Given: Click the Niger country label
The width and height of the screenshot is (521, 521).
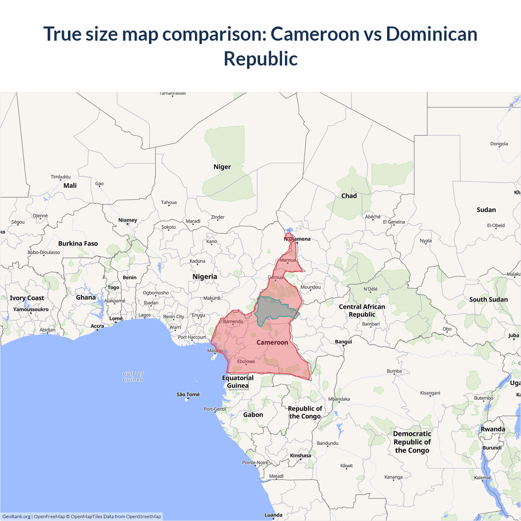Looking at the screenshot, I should click(222, 167).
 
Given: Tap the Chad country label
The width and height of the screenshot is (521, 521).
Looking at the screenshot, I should click(349, 196).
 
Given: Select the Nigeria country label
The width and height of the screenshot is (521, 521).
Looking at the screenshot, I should click(205, 277).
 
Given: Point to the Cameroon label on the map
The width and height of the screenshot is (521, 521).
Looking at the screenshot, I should click(272, 342).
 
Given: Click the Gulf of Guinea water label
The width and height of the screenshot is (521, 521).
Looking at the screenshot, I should click(133, 377).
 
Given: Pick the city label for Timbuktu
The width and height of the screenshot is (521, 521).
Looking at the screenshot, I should click(61, 177).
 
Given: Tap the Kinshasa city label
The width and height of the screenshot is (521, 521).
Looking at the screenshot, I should click(300, 455).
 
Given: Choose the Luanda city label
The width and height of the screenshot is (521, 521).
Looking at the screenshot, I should click(274, 515).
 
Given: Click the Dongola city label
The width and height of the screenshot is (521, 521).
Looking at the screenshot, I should click(499, 144).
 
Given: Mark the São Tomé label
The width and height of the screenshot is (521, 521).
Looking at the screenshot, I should click(188, 394).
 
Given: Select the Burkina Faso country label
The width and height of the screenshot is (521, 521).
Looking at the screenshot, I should click(78, 243).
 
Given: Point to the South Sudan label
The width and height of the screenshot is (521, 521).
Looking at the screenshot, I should click(488, 300).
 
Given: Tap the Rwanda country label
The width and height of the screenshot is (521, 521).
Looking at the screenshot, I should click(493, 429).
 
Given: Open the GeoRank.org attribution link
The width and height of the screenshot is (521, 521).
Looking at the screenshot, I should click(16, 517).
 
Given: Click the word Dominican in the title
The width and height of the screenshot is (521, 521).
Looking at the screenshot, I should click(431, 34).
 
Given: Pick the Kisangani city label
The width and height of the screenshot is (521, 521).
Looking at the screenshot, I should click(430, 393).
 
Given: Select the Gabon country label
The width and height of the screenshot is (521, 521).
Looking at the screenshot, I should click(253, 415).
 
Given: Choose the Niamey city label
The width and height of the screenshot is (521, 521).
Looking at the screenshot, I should click(128, 220).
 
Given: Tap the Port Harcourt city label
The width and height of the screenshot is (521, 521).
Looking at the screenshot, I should click(192, 337).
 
